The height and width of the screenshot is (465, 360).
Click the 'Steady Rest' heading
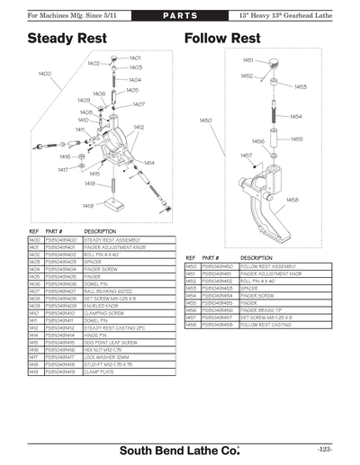pyautogui.click(x=67, y=39)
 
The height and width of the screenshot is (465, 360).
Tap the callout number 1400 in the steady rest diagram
pyautogui.click(x=44, y=73)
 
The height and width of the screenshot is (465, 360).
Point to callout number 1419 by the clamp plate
pyautogui.click(x=87, y=206)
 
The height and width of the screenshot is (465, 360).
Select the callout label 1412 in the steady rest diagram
pyautogui.click(x=139, y=127)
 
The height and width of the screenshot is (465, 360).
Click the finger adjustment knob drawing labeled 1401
pyautogui.click(x=115, y=58)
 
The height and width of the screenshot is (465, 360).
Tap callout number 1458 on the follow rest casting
pyautogui.click(x=292, y=200)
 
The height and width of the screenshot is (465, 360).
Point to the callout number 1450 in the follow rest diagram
pyautogui.click(x=204, y=120)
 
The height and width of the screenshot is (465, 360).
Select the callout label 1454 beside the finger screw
pyautogui.click(x=295, y=117)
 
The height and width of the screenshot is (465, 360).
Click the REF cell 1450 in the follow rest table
pyautogui.click(x=191, y=267)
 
